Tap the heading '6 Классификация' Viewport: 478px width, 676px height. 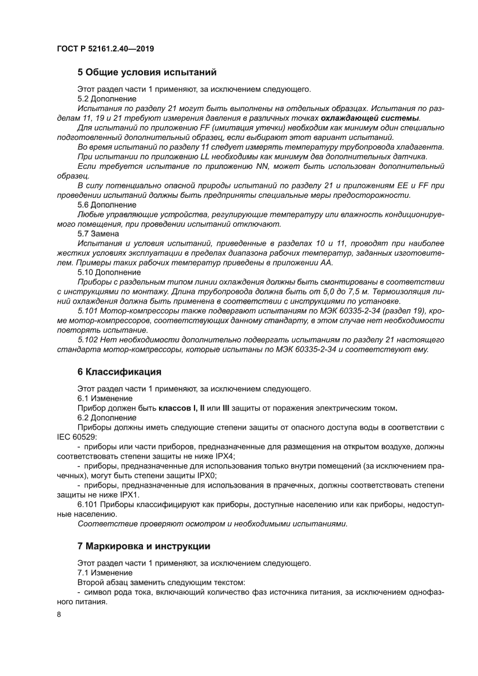point(119,371)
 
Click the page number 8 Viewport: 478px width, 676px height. point(59,614)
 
